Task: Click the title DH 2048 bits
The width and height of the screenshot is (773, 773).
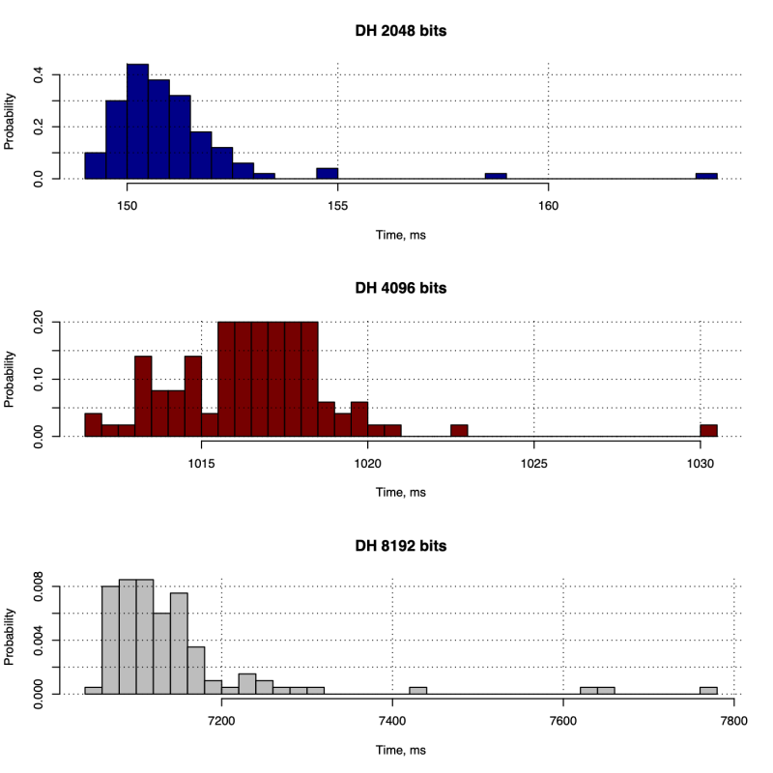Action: pos(400,31)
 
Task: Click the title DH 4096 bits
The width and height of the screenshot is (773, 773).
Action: pos(400,288)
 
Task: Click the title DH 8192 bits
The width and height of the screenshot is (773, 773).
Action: pos(400,546)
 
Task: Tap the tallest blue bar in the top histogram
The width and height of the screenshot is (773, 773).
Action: pos(137,121)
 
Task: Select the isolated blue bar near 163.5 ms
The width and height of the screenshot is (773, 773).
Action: pos(706,176)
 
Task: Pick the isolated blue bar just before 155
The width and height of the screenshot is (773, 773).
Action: pos(328,174)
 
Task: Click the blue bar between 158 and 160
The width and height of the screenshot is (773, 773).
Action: pos(496,176)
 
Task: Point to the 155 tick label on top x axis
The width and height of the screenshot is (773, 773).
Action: pos(338,205)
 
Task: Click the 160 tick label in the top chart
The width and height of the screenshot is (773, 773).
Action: pos(548,205)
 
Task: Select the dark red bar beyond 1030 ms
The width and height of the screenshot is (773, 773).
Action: pos(709,431)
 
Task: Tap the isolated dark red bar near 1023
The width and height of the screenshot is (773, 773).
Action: pos(459,431)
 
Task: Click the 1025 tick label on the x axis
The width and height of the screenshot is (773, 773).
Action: pos(533,463)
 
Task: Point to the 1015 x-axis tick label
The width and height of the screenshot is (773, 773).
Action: pos(201,463)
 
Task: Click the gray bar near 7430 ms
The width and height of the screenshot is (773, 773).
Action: pos(418,690)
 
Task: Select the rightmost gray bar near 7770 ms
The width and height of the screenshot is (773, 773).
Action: pos(708,690)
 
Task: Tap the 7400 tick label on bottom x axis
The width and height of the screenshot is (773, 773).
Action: pos(392,720)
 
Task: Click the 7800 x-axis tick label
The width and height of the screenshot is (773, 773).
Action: pos(734,720)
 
